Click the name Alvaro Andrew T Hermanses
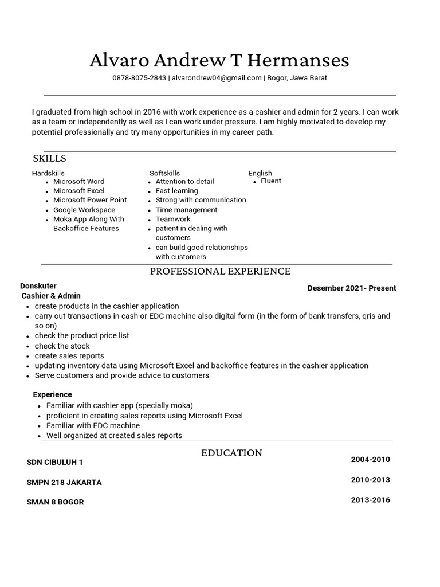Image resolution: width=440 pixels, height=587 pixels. pos(219,60)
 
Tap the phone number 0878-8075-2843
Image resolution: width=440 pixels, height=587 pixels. pos(139,78)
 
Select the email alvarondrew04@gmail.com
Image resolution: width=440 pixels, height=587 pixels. pos(217,78)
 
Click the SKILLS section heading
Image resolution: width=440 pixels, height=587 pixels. pos(49,158)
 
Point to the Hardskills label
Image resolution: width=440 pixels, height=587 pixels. pos(48,173)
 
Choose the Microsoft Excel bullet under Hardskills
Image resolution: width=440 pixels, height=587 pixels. pos(79,191)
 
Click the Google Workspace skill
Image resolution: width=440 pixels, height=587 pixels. pos(84,210)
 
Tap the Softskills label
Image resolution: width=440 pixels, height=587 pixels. pos(164,173)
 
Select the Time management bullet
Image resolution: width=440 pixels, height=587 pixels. pos(186,210)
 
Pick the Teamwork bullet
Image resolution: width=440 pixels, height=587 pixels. pos(173,219)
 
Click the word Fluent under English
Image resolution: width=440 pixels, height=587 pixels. pos(271,181)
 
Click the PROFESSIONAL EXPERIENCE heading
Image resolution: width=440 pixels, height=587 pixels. pos(220,271)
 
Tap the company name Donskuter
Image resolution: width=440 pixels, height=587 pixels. pos(38,286)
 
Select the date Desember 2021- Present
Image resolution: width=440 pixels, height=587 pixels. pos(352,288)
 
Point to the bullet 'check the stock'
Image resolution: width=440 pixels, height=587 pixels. pos(62,346)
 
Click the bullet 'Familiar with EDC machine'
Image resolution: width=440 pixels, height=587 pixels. pos(93,425)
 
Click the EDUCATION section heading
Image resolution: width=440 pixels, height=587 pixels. pos(231,453)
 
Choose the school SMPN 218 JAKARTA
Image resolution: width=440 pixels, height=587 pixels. pos(64,483)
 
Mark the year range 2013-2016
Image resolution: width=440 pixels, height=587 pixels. pos(370,500)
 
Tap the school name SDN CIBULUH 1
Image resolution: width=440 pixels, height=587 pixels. pos(55,463)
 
